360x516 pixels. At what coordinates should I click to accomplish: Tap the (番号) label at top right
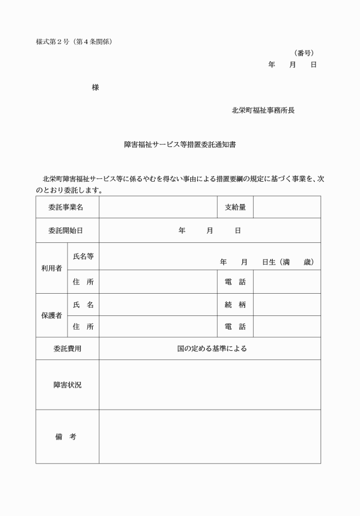tap(303, 53)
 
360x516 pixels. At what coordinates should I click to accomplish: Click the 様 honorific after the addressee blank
tap(95, 87)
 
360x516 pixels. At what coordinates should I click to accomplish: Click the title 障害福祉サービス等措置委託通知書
tap(180, 145)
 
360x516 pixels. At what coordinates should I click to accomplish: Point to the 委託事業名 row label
tap(67, 207)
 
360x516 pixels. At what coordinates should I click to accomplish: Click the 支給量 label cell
tap(235, 207)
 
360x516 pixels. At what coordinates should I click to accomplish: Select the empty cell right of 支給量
tap(287, 207)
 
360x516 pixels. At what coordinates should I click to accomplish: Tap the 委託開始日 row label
tap(67, 230)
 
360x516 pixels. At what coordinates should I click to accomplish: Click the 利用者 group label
tap(51, 268)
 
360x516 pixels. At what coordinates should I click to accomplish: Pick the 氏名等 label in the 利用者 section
tap(83, 257)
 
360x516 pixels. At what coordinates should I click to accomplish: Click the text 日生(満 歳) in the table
tap(288, 262)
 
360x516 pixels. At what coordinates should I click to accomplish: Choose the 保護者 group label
tap(51, 315)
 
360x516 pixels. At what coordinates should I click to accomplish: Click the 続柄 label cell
tap(235, 305)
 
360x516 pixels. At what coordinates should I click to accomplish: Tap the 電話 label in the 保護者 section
tap(235, 327)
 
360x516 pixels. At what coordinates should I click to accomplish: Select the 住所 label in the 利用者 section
tap(83, 282)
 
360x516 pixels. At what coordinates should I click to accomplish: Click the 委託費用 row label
tap(67, 349)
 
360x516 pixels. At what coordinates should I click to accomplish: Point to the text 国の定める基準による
tap(212, 349)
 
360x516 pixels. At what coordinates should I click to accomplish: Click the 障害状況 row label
tap(67, 385)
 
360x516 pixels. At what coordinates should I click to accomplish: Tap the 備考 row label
tap(67, 437)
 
